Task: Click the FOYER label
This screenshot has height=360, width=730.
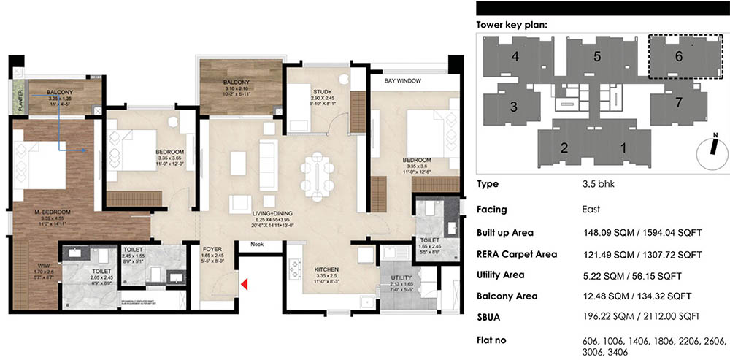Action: [x=212, y=248]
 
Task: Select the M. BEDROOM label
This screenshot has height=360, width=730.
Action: [x=50, y=212]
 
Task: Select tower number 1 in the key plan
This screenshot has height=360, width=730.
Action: [x=623, y=148]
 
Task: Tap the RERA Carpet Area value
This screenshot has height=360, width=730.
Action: [x=639, y=255]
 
